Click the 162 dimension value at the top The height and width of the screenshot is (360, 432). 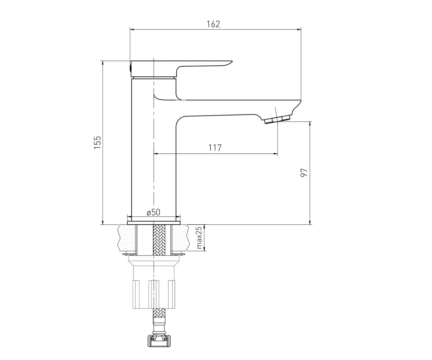click(213, 24)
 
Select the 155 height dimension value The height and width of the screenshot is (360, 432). click(97, 142)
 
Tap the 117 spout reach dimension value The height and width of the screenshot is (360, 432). click(215, 148)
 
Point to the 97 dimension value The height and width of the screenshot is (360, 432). click(304, 172)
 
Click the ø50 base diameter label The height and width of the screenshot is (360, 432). click(153, 212)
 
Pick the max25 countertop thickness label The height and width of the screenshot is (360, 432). click(199, 238)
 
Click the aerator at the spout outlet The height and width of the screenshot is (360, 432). click(278, 120)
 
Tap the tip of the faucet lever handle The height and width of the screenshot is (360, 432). click(232, 62)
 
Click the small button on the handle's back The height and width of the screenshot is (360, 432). click(130, 68)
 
